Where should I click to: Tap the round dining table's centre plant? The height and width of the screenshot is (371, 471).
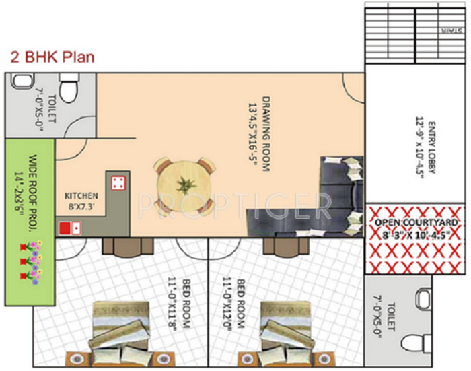point(183,185)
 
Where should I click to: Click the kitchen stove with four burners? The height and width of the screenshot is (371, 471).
point(116,182)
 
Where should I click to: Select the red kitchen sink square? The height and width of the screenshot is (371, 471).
point(66,228)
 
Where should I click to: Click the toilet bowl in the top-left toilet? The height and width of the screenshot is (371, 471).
point(69,89)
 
